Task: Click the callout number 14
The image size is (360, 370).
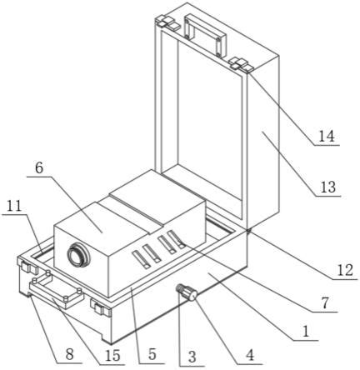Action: pos(326,137)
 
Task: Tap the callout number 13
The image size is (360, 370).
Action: pos(328,187)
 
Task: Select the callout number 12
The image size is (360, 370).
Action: pos(345,270)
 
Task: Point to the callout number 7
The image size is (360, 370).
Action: pos(325,303)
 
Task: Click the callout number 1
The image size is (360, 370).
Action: pos(306,332)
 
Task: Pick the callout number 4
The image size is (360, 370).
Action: pos(250,355)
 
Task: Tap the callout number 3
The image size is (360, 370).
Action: pos(192,357)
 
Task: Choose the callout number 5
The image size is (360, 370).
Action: pos(152,355)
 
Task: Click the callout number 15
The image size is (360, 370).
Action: pos(112,355)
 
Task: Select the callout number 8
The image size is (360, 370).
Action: pos(70,354)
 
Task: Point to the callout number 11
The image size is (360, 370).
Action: pos(14,206)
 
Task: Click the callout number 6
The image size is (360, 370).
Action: pos(39,167)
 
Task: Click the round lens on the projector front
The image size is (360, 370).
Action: pos(78,255)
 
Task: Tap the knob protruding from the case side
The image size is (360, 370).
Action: pos(187,292)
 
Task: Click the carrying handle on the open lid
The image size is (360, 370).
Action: pos(205,35)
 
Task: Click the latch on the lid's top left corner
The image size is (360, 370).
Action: pos(167,22)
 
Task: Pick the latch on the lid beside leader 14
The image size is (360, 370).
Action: pos(241,64)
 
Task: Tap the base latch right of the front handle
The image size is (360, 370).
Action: pos(101,307)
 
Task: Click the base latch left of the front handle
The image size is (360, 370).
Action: pos(27,266)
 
